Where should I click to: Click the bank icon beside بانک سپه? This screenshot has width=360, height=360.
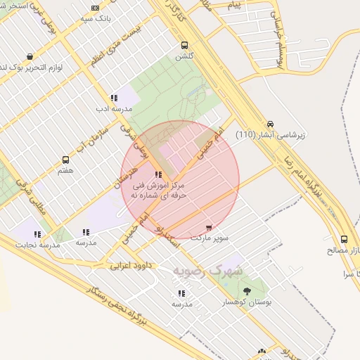click(95, 8)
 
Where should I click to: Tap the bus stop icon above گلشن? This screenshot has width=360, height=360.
click(184, 44)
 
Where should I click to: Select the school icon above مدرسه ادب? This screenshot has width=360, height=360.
click(113, 98)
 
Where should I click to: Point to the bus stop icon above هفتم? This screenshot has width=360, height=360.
click(66, 160)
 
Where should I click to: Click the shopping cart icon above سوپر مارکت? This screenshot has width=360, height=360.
click(209, 227)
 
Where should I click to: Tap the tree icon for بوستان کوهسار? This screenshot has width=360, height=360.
click(247, 291)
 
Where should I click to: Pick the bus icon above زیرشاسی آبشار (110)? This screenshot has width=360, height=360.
click(271, 123)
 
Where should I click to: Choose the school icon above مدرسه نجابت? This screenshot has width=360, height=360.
click(37, 234)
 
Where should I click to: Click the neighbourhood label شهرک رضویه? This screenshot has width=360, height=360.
click(209, 270)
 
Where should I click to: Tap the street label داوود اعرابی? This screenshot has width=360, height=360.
click(130, 266)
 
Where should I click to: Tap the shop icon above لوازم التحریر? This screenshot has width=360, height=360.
click(29, 56)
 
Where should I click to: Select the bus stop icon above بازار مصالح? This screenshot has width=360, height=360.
click(344, 239)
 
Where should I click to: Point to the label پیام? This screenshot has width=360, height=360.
click(233, 5)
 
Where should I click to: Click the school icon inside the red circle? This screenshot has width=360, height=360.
click(158, 174)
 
